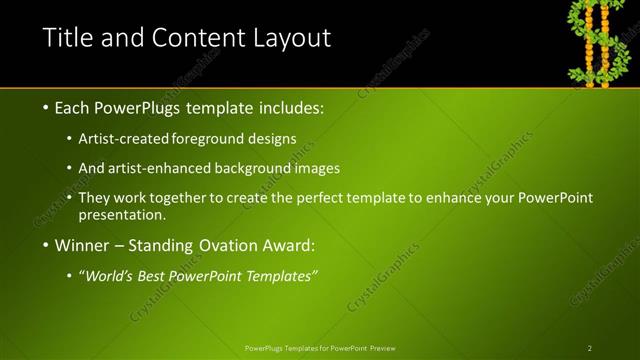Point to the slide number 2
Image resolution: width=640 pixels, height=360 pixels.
590,348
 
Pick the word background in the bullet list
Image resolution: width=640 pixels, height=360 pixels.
245,168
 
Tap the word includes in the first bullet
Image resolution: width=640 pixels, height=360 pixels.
289,106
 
